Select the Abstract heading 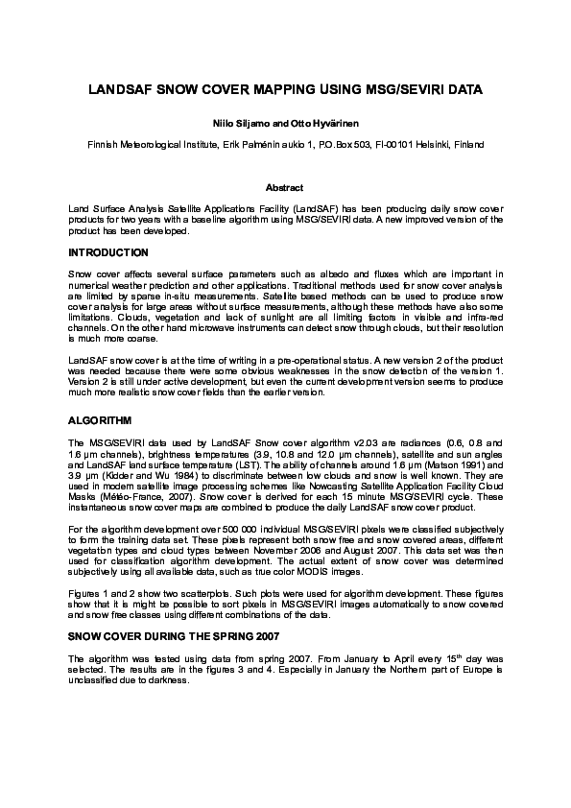[284, 188]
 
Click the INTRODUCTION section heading [108, 252]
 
